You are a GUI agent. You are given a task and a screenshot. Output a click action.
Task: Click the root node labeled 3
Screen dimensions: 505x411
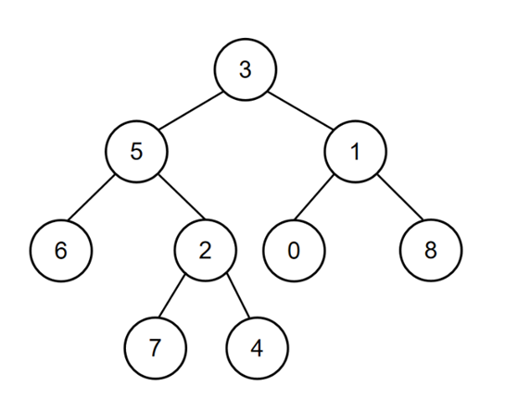pyautogui.click(x=246, y=69)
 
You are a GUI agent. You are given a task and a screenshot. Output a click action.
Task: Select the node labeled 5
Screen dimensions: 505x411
pyautogui.click(x=136, y=152)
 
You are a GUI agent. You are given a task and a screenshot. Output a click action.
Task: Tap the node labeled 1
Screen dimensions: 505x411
pyautogui.click(x=355, y=152)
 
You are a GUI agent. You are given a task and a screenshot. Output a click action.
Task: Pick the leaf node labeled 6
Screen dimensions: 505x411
pyautogui.click(x=61, y=251)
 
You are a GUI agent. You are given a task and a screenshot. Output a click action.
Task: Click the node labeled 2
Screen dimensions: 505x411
pyautogui.click(x=206, y=251)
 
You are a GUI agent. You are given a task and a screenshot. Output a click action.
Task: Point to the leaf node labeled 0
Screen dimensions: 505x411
pyautogui.click(x=294, y=251)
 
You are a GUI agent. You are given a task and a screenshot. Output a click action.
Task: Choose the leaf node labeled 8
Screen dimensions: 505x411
pyautogui.click(x=431, y=251)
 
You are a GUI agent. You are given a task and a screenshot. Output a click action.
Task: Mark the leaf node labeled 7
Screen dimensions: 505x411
pyautogui.click(x=156, y=348)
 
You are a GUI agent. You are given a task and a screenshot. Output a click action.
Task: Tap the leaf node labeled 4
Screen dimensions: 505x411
pyautogui.click(x=257, y=348)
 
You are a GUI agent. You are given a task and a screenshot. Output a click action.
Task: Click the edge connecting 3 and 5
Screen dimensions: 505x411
pyautogui.click(x=191, y=111)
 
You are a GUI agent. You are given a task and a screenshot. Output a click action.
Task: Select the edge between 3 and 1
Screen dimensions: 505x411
pyautogui.click(x=300, y=111)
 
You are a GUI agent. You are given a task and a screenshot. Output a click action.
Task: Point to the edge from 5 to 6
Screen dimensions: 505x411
pyautogui.click(x=92, y=197)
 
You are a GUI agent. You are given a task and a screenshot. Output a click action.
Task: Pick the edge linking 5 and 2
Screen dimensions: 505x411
pyautogui.click(x=182, y=197)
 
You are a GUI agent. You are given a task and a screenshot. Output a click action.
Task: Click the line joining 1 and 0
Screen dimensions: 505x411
pyautogui.click(x=313, y=197)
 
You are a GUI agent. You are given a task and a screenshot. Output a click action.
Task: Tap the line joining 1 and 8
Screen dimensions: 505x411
pyautogui.click(x=400, y=197)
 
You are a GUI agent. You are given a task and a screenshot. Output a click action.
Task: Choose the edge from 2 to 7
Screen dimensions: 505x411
pyautogui.click(x=171, y=295)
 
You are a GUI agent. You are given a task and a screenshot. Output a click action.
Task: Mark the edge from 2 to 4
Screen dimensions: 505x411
pyautogui.click(x=238, y=295)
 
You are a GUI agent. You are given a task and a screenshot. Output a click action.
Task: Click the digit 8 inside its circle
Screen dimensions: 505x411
pyautogui.click(x=431, y=250)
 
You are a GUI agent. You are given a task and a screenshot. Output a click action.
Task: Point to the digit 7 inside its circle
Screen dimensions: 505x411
pyautogui.click(x=156, y=348)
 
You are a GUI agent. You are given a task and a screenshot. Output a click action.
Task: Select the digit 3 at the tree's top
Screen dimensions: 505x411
pyautogui.click(x=246, y=69)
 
